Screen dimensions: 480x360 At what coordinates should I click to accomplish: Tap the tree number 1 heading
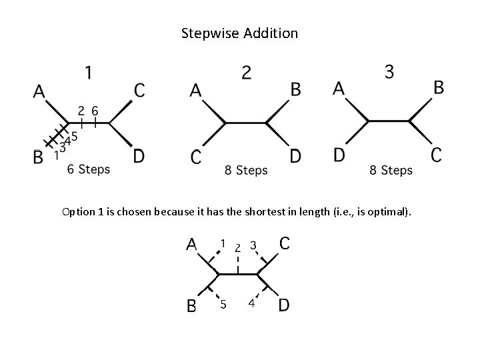89,71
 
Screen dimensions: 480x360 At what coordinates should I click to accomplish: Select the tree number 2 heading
247,73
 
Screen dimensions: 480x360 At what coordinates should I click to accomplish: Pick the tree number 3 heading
389,71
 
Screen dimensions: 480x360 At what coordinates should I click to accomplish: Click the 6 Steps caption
89,169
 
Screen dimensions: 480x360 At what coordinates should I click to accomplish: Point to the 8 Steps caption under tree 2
246,171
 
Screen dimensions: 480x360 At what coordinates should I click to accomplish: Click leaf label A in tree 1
39,91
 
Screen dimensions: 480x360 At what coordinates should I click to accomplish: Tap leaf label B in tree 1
38,157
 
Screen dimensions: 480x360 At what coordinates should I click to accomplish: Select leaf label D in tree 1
138,156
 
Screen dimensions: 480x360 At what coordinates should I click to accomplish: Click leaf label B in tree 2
296,89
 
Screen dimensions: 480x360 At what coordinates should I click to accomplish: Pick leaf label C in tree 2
196,157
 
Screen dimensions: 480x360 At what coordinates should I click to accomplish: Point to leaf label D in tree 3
339,155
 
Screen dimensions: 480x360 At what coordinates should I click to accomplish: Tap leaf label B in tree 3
439,87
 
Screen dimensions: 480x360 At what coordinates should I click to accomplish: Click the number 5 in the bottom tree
223,305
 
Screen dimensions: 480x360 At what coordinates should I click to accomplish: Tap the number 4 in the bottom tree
251,304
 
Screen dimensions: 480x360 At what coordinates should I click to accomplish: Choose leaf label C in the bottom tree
284,243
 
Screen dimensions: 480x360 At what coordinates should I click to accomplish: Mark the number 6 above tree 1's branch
95,111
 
